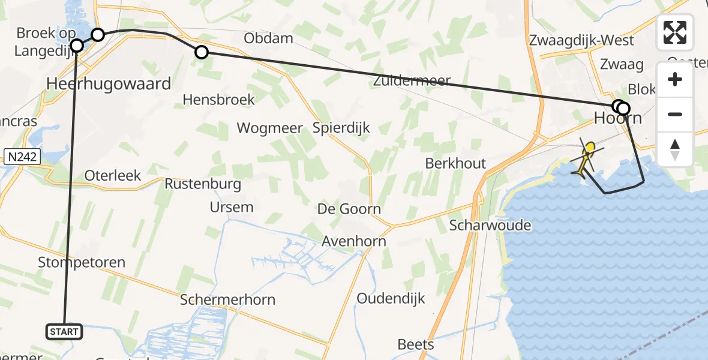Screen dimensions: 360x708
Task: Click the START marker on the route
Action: tap(63, 331)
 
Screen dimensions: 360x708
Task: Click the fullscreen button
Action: tap(675, 32)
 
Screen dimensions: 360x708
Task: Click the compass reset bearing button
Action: tap(675, 149)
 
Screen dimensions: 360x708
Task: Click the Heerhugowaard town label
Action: tap(109, 83)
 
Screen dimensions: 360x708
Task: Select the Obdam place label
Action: tap(268, 38)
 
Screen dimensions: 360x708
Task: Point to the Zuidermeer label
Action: tap(412, 80)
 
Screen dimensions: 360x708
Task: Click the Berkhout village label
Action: tap(455, 163)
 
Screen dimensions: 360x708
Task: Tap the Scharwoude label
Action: tap(490, 225)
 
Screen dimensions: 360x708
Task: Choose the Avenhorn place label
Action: tap(354, 241)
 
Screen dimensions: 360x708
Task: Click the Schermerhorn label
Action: tap(228, 300)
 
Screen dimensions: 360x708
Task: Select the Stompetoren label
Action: tap(82, 262)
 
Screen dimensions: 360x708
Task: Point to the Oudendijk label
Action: tap(391, 298)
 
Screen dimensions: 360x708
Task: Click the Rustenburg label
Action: tap(203, 184)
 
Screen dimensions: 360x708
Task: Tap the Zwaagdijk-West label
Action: tap(581, 40)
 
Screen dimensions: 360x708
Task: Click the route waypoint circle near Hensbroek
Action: tap(202, 53)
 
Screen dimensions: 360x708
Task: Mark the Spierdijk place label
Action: tap(341, 128)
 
